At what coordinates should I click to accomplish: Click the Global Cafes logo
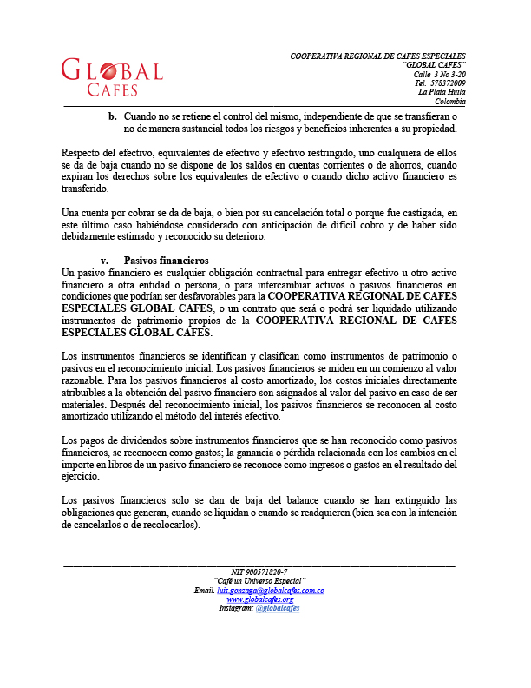(112, 77)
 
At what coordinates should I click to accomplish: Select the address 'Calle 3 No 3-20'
(439, 74)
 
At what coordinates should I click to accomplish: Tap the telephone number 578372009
(447, 83)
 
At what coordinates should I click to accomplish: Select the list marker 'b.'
(112, 116)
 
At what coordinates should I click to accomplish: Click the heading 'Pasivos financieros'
(166, 260)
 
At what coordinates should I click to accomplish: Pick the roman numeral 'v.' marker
(105, 260)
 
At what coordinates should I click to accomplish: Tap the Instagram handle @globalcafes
(278, 608)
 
